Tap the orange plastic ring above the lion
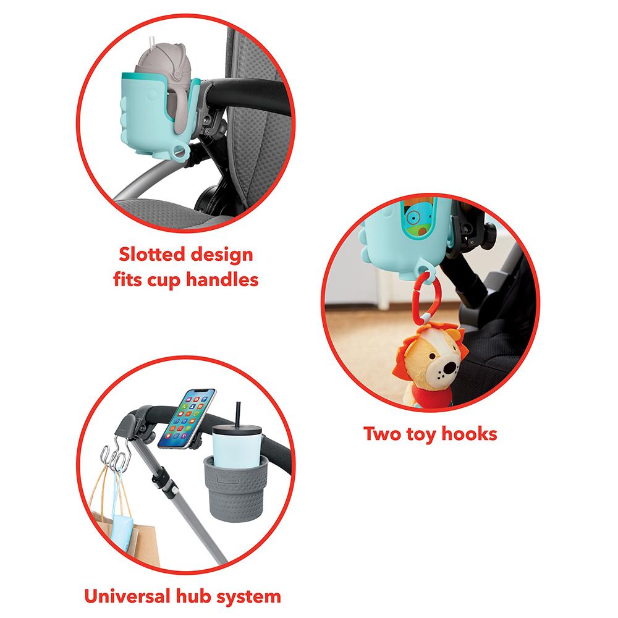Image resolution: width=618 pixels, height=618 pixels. coord(426,297)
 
